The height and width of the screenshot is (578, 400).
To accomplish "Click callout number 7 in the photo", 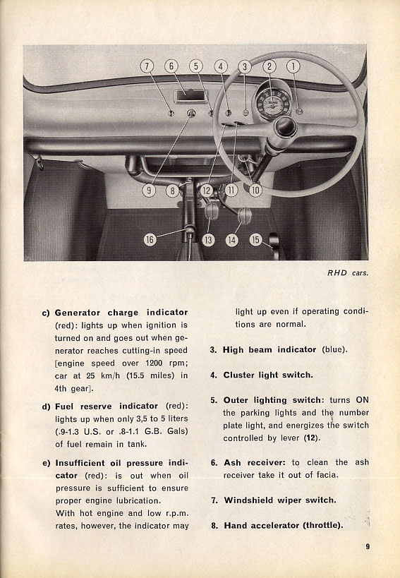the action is coord(147,66).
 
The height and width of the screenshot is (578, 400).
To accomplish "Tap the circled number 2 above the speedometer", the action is coord(269,66).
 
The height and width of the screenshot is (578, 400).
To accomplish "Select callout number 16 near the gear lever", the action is coord(150,240).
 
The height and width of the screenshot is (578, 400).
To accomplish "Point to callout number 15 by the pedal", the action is coord(255,240).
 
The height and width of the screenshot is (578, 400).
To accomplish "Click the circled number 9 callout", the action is coord(149,191).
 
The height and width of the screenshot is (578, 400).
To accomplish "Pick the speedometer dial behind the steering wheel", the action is coord(273,102).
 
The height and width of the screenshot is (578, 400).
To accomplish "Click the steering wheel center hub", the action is coord(285,127).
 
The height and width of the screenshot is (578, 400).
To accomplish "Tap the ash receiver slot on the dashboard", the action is coord(190,96).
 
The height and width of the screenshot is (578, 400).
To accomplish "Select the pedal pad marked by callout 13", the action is coord(212,210).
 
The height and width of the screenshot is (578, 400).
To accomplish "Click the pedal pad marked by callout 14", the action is coord(244,216).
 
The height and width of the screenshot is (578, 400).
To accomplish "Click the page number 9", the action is coord(368,546).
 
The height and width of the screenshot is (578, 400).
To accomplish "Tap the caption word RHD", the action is coord(337,273).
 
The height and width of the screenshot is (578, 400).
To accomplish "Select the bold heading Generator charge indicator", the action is coord(121,313).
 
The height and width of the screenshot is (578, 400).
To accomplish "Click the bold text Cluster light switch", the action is coord(268,375).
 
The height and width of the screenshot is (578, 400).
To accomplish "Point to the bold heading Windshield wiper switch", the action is coord(280,500).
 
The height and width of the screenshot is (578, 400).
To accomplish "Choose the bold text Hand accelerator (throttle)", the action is coord(283,525).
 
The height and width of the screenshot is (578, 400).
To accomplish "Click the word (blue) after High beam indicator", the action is coord(334,349).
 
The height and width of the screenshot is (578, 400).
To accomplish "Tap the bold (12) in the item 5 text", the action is coord(312,438).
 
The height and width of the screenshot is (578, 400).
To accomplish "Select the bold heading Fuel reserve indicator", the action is coord(107,407).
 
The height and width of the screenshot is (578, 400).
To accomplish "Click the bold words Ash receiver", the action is coord(254,463).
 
